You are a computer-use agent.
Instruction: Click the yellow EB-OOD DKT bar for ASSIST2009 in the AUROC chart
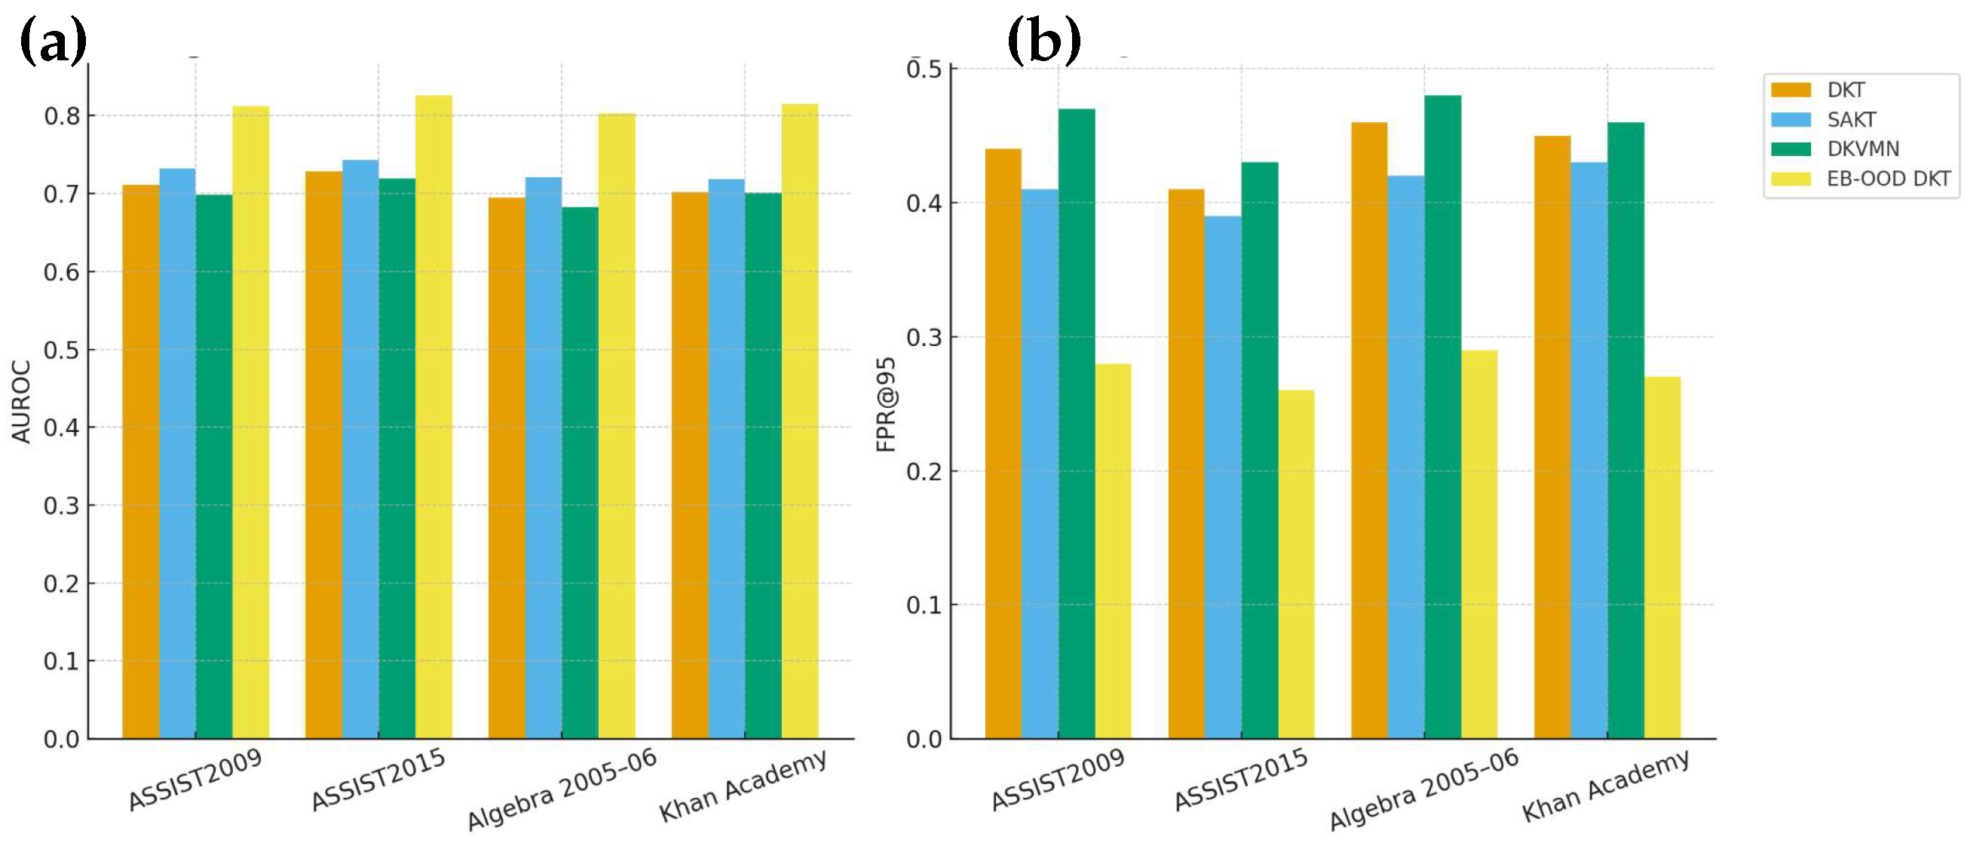(250, 422)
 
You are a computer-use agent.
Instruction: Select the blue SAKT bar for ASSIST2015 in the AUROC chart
(360, 449)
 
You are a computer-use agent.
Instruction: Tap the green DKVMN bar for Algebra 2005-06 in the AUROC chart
(580, 473)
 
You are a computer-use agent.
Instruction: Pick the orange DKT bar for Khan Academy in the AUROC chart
(689, 465)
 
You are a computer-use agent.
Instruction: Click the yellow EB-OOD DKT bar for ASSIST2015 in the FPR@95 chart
(1296, 565)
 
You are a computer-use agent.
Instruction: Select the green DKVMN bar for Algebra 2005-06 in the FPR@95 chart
(1443, 417)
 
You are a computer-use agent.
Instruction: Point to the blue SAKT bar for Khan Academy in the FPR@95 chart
(1589, 451)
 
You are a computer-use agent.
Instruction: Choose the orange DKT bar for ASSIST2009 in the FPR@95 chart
(1003, 443)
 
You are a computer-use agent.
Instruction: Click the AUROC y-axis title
(21, 402)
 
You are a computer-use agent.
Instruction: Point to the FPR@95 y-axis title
(885, 405)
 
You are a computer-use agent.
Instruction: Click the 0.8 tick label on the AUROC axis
(61, 115)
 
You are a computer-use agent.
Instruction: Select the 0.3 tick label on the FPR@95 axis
(924, 337)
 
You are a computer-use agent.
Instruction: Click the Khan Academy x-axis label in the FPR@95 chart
(1605, 785)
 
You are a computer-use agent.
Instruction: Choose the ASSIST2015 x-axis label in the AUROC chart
(378, 779)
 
